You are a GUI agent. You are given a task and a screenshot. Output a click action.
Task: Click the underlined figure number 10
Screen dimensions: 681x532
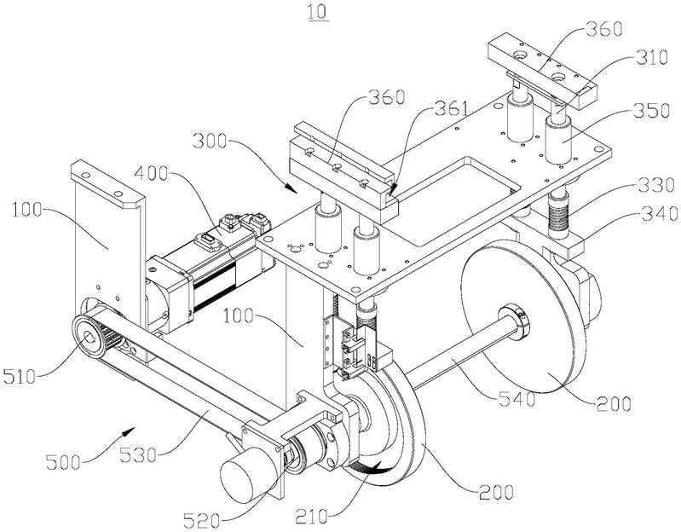tap(318, 12)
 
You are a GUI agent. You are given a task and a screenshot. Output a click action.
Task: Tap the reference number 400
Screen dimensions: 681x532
tap(151, 174)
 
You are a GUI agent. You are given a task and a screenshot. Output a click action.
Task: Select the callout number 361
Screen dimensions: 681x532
tap(453, 108)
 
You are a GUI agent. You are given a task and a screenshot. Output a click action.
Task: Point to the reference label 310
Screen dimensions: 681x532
tap(650, 58)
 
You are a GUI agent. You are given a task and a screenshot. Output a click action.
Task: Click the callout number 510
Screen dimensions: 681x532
tap(20, 376)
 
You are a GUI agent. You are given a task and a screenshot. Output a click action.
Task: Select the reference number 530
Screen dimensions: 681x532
tap(138, 455)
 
